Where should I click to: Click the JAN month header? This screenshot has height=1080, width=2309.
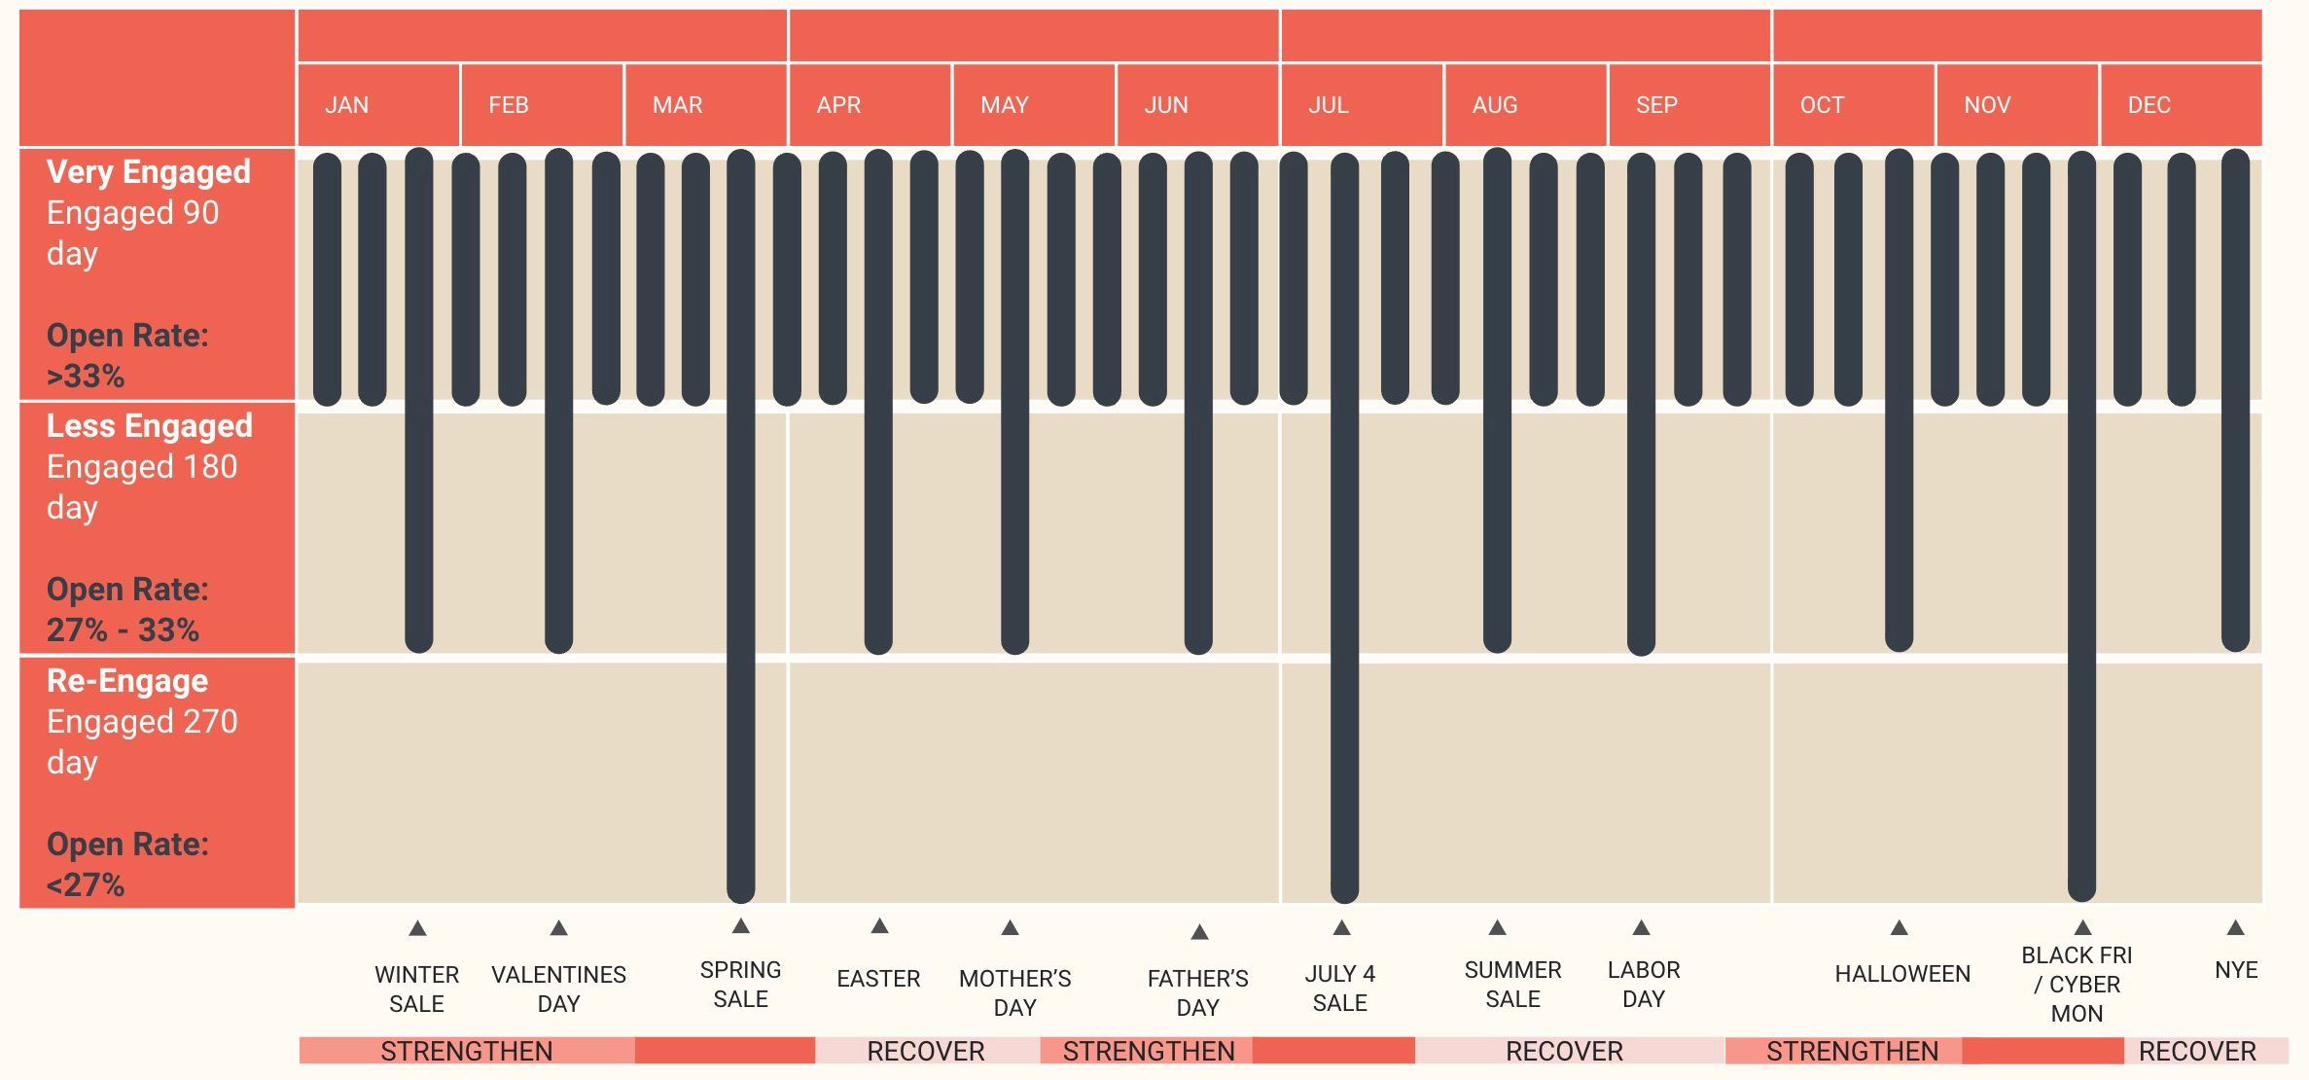[347, 105]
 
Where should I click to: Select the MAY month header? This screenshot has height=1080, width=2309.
[1005, 105]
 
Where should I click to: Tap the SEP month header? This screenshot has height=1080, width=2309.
[1656, 105]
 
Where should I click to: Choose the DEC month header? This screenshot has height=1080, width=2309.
[2149, 105]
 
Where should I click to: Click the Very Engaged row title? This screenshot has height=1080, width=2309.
[149, 172]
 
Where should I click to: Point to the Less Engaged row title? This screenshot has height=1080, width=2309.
[150, 426]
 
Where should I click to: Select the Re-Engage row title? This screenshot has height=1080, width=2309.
[127, 681]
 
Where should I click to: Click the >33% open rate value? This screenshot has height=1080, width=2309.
[86, 376]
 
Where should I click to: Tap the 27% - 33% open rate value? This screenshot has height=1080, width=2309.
[123, 630]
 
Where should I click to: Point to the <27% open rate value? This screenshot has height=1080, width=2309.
[86, 885]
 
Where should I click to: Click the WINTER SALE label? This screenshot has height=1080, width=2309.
[416, 989]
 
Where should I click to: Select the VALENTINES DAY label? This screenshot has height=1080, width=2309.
[558, 989]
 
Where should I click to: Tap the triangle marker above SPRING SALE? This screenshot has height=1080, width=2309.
[741, 925]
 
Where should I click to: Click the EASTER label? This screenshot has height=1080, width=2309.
[878, 979]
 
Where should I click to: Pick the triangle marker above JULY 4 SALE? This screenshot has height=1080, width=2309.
[1342, 927]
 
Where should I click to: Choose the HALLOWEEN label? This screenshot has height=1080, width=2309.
[1902, 974]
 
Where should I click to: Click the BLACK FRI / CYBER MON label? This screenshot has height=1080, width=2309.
[2077, 984]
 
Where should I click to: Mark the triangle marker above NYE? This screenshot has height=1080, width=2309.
[2236, 927]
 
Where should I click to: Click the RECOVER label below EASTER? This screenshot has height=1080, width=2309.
[926, 1052]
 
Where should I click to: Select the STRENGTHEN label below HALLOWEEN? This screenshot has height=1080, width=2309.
[1852, 1052]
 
